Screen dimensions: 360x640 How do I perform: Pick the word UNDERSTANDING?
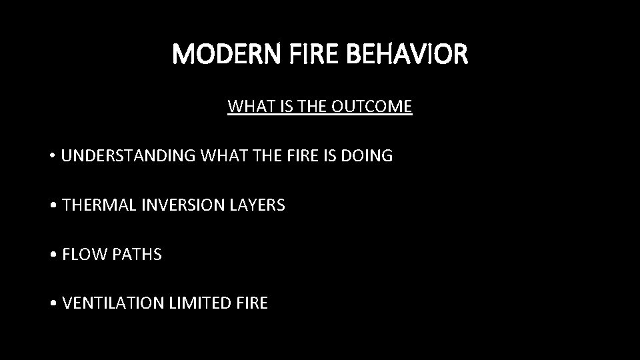tap(128, 156)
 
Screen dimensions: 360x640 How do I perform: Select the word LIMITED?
tap(198, 304)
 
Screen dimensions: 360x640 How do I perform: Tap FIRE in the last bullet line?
tap(252, 304)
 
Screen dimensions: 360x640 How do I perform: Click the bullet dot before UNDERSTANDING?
tap(52, 157)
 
